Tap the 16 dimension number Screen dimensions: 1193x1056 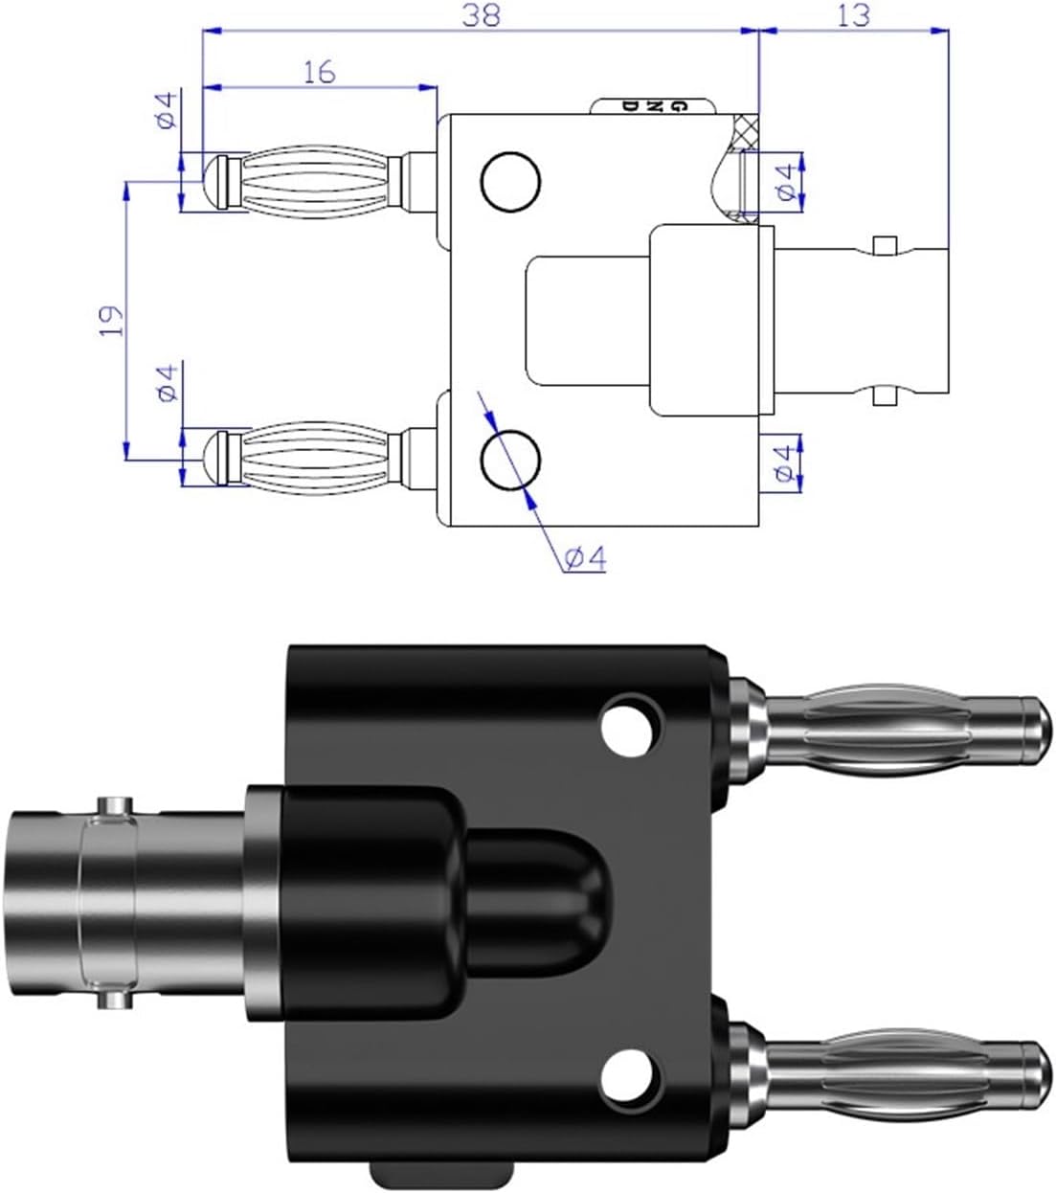pyautogui.click(x=321, y=72)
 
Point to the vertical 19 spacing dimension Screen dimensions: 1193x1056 pyautogui.click(x=113, y=320)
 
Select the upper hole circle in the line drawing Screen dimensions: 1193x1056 pyautogui.click(x=510, y=180)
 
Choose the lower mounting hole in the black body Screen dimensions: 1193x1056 pyautogui.click(x=630, y=1075)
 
